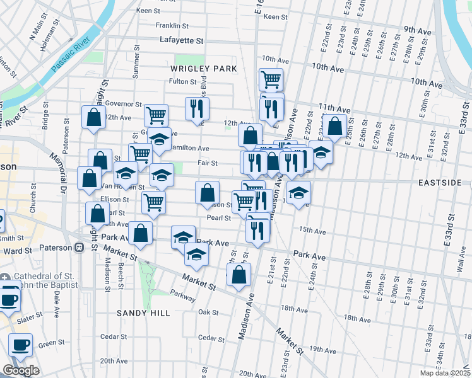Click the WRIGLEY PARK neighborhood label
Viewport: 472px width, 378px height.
[x=203, y=68]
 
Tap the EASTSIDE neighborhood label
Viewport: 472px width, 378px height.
[x=440, y=182]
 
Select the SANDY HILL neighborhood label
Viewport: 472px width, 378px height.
[x=139, y=312]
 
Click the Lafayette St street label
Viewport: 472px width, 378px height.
[x=182, y=40]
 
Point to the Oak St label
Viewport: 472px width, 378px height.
[x=208, y=312]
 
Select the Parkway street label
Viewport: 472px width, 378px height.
[x=182, y=295]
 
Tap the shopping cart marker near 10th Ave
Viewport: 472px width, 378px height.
[x=271, y=79]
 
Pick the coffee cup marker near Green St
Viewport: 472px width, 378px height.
[x=20, y=345]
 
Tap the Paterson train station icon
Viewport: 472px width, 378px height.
[x=80, y=248]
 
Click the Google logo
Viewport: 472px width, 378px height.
[x=21, y=370]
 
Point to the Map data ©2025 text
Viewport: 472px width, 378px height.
[x=444, y=373]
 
